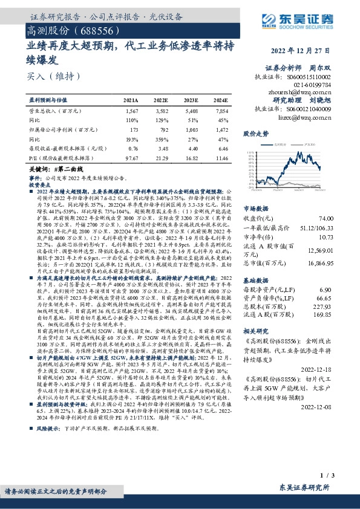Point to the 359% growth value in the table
[x=160, y=138]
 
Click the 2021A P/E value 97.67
[x=131, y=157]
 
